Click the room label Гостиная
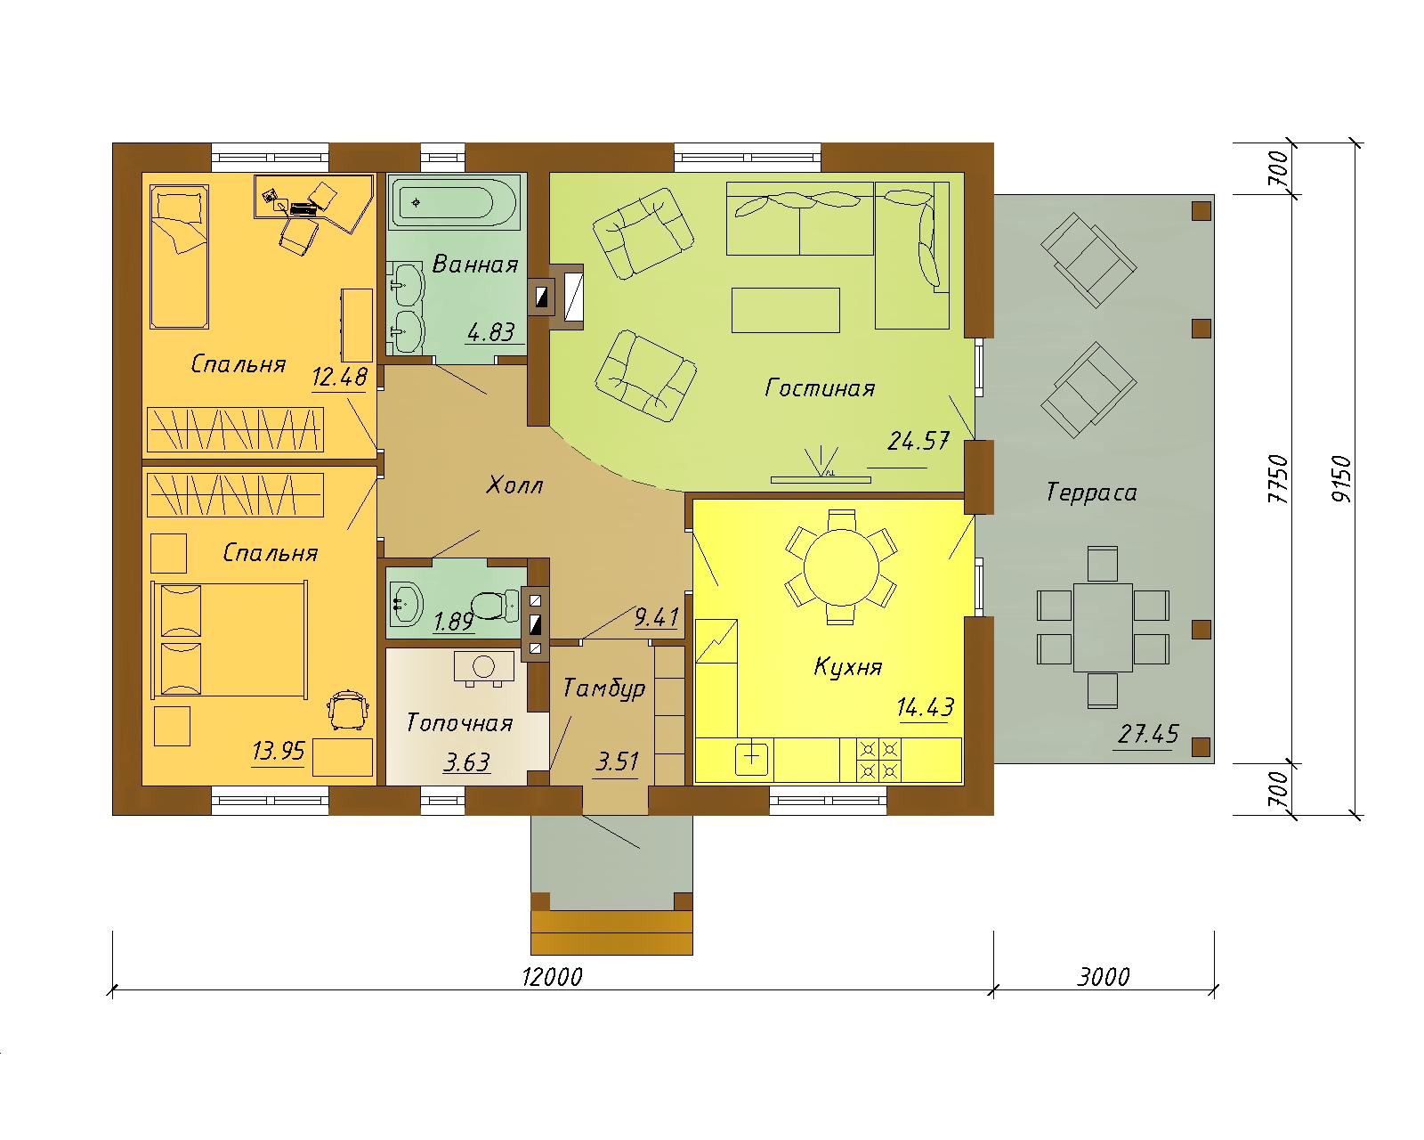(x=819, y=387)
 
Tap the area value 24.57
(x=918, y=441)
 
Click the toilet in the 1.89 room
(x=496, y=605)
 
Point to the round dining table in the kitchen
(x=841, y=567)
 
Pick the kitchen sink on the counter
(x=752, y=759)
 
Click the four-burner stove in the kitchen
(x=879, y=760)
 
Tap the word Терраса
(x=1091, y=493)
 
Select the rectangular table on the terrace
(x=1103, y=627)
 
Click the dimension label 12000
(x=553, y=976)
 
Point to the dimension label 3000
(x=1103, y=976)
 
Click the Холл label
(x=514, y=485)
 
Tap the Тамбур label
(x=603, y=689)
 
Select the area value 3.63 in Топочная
(x=466, y=762)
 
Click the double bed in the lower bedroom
(x=230, y=639)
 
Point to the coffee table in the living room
(x=786, y=310)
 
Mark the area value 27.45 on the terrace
(x=1148, y=734)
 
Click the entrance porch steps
(x=611, y=933)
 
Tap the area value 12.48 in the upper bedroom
(x=339, y=377)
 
